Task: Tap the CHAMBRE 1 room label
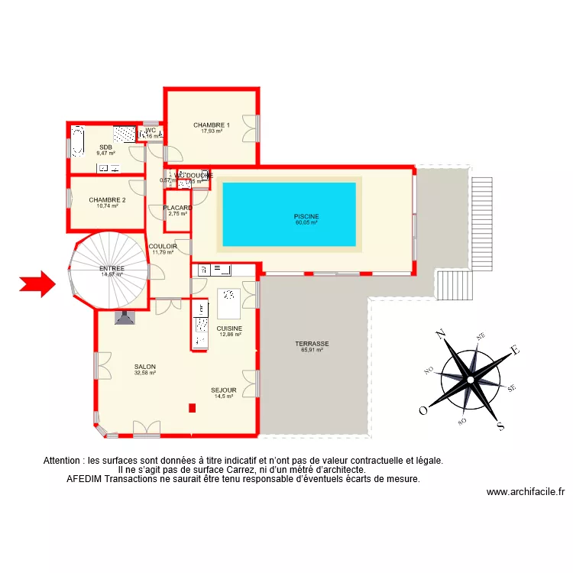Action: [x=212, y=125]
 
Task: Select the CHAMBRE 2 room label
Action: [x=107, y=200]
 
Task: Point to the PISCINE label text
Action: [x=306, y=216]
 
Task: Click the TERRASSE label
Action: [x=312, y=344]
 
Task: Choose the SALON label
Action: [x=145, y=367]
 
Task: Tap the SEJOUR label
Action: [x=224, y=390]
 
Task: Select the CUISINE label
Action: [x=229, y=329]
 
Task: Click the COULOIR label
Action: [x=163, y=246]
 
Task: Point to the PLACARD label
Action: [x=177, y=208]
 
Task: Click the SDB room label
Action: [x=105, y=147]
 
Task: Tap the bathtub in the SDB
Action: [x=78, y=142]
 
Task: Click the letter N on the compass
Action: [x=441, y=334]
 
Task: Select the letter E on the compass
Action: [x=515, y=351]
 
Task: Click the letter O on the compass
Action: [x=422, y=410]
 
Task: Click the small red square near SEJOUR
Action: [x=192, y=408]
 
